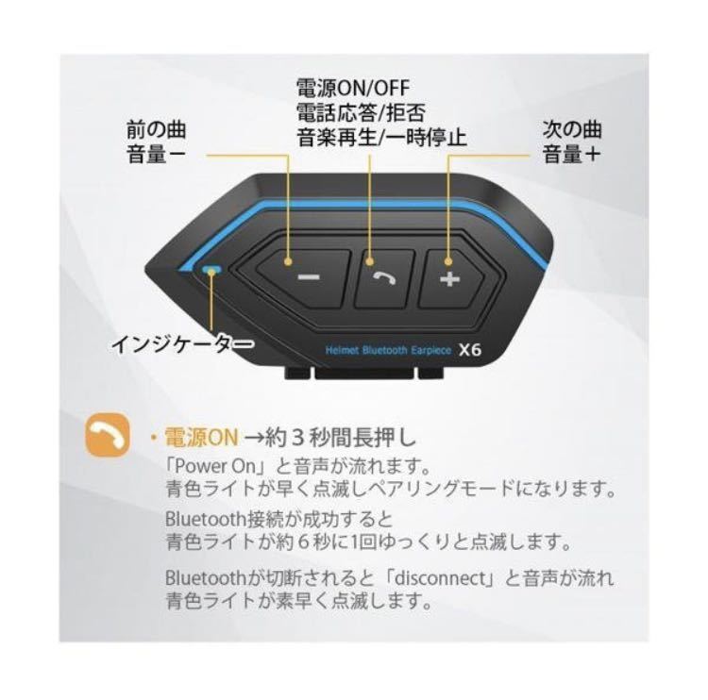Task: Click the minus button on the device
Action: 303,277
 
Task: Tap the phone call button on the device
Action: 384,278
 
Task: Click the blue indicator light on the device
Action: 211,270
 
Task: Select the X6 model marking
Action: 470,350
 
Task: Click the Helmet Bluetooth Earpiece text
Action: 388,350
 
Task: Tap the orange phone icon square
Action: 108,435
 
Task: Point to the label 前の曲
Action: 156,130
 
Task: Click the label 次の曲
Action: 572,129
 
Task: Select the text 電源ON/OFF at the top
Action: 353,88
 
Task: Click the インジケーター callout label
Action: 182,344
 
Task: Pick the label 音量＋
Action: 572,154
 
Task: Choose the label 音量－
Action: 156,154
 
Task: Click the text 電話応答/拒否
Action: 361,112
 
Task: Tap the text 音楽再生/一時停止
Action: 382,137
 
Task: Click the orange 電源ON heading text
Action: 201,437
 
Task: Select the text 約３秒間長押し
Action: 341,437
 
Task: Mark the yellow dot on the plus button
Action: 447,261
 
